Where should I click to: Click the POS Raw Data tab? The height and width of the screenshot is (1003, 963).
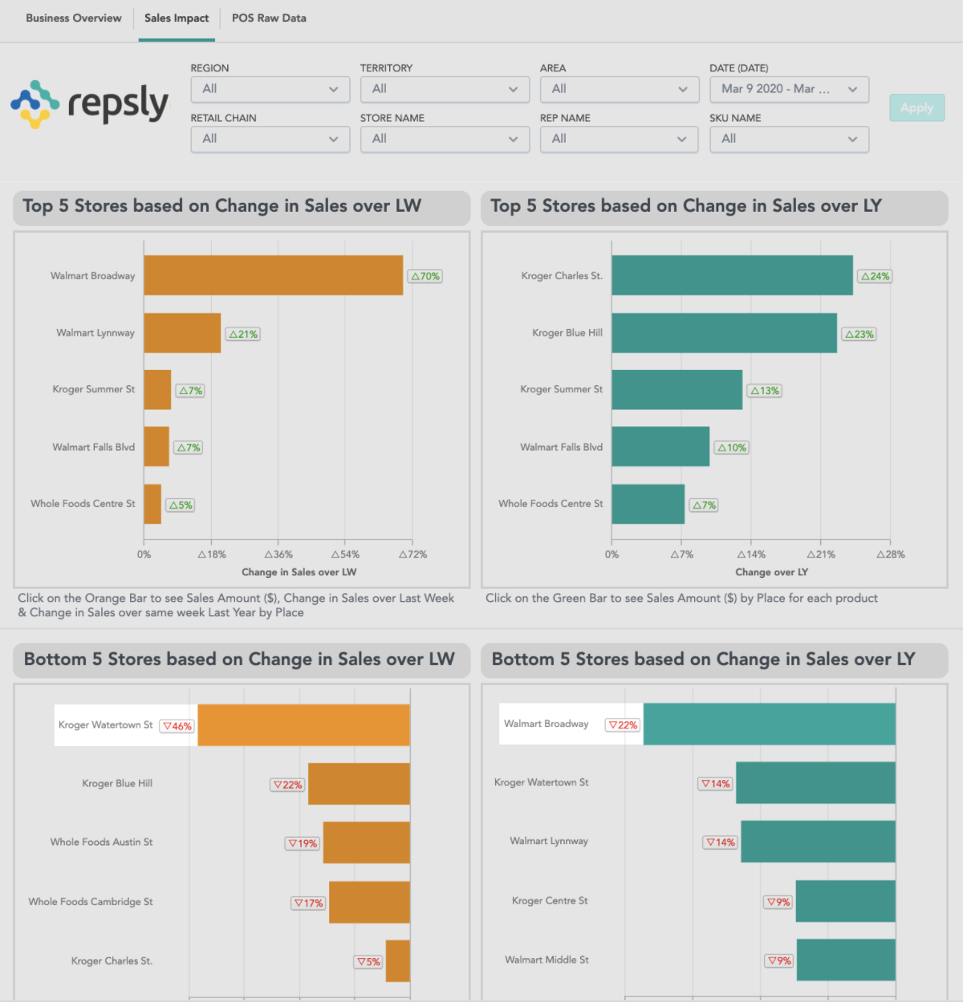point(269,18)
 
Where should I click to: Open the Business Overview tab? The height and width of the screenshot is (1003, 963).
point(74,18)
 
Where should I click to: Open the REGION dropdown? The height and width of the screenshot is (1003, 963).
point(270,89)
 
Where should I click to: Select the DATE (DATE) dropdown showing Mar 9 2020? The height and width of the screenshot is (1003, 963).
point(789,89)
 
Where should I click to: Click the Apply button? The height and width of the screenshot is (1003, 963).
point(916,108)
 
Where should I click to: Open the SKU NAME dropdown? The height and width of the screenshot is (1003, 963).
point(789,139)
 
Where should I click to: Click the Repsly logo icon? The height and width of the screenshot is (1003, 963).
point(35,104)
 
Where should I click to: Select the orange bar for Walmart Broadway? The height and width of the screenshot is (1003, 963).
point(273,275)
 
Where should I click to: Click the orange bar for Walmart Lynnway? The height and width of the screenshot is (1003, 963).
point(182,333)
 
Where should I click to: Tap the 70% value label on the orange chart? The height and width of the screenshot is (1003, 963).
point(425,276)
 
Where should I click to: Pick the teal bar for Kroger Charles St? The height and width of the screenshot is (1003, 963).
point(732,275)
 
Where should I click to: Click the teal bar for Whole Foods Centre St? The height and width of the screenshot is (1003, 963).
point(648,504)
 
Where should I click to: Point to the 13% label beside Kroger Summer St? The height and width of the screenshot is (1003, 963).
point(765,391)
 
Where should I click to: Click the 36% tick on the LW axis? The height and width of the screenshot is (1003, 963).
point(278,554)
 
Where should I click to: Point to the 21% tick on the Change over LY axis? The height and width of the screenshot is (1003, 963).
point(821,554)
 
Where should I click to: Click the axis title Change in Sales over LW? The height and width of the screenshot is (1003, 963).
point(299,572)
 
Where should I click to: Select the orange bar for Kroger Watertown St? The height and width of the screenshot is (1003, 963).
point(303,725)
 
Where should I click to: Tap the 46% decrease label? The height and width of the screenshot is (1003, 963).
point(177,726)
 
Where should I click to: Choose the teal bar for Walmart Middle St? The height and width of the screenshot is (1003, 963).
point(845,960)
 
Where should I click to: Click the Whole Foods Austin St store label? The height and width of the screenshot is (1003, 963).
point(101,842)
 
